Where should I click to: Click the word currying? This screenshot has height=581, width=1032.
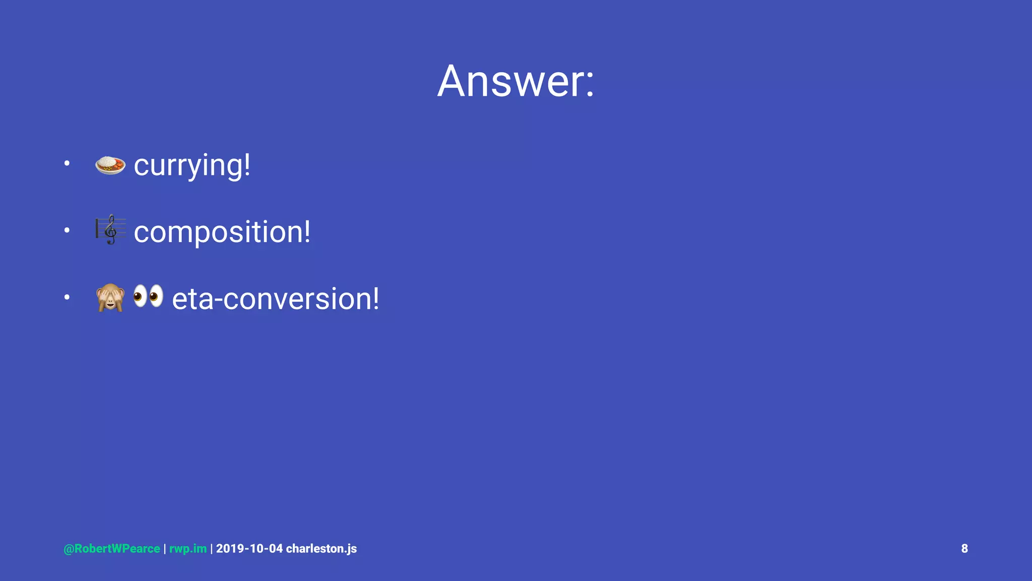[191, 165]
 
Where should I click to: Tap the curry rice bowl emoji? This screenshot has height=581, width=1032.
[110, 165]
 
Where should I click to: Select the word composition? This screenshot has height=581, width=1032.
[222, 232]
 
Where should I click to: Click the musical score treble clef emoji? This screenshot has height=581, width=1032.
[110, 230]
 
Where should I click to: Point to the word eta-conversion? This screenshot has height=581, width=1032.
[275, 299]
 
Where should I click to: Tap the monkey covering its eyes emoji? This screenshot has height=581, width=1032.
[110, 298]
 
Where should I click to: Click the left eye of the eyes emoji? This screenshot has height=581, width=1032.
[140, 296]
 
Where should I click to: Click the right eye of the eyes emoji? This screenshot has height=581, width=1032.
[156, 296]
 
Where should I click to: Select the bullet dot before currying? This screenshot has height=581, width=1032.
[67, 163]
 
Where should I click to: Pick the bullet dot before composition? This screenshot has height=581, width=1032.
[67, 230]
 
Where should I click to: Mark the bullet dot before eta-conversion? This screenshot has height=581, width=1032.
[67, 297]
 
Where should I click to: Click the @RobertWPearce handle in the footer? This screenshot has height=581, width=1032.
[111, 549]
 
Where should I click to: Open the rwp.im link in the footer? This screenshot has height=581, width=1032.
[188, 549]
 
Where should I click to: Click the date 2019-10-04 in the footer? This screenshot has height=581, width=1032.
[249, 549]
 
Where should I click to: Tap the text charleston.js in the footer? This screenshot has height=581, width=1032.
[321, 549]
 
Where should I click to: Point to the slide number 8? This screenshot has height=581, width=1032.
[964, 549]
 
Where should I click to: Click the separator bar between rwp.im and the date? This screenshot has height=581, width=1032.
[211, 549]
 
